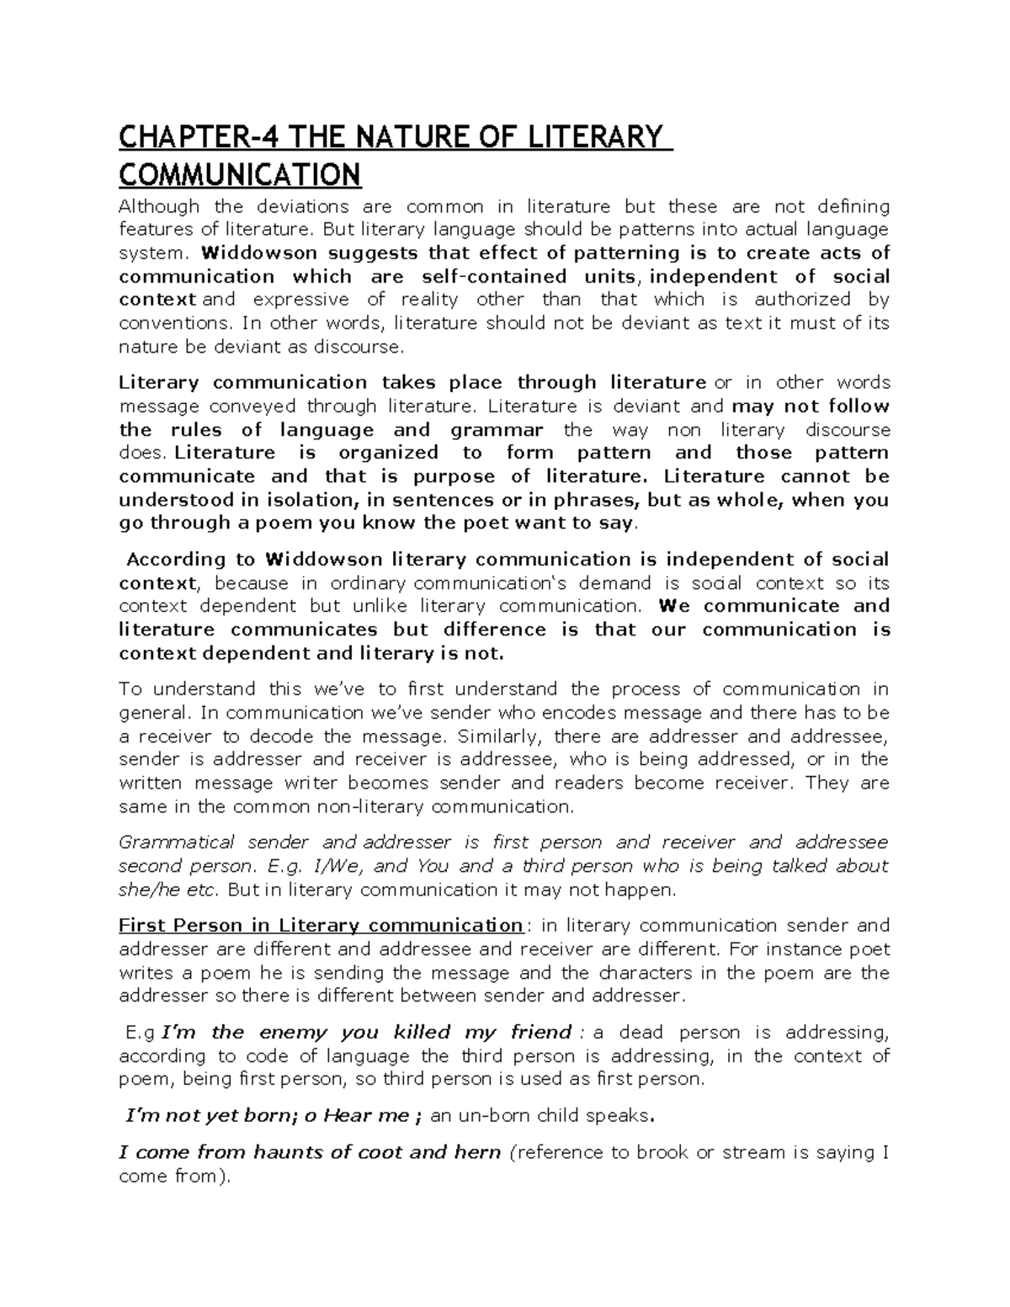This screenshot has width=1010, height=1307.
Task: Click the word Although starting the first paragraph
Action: (159, 207)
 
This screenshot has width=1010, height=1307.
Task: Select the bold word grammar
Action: (497, 430)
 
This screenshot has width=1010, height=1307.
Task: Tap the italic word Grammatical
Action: (177, 842)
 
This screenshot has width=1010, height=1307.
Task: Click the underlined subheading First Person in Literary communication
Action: (321, 926)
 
